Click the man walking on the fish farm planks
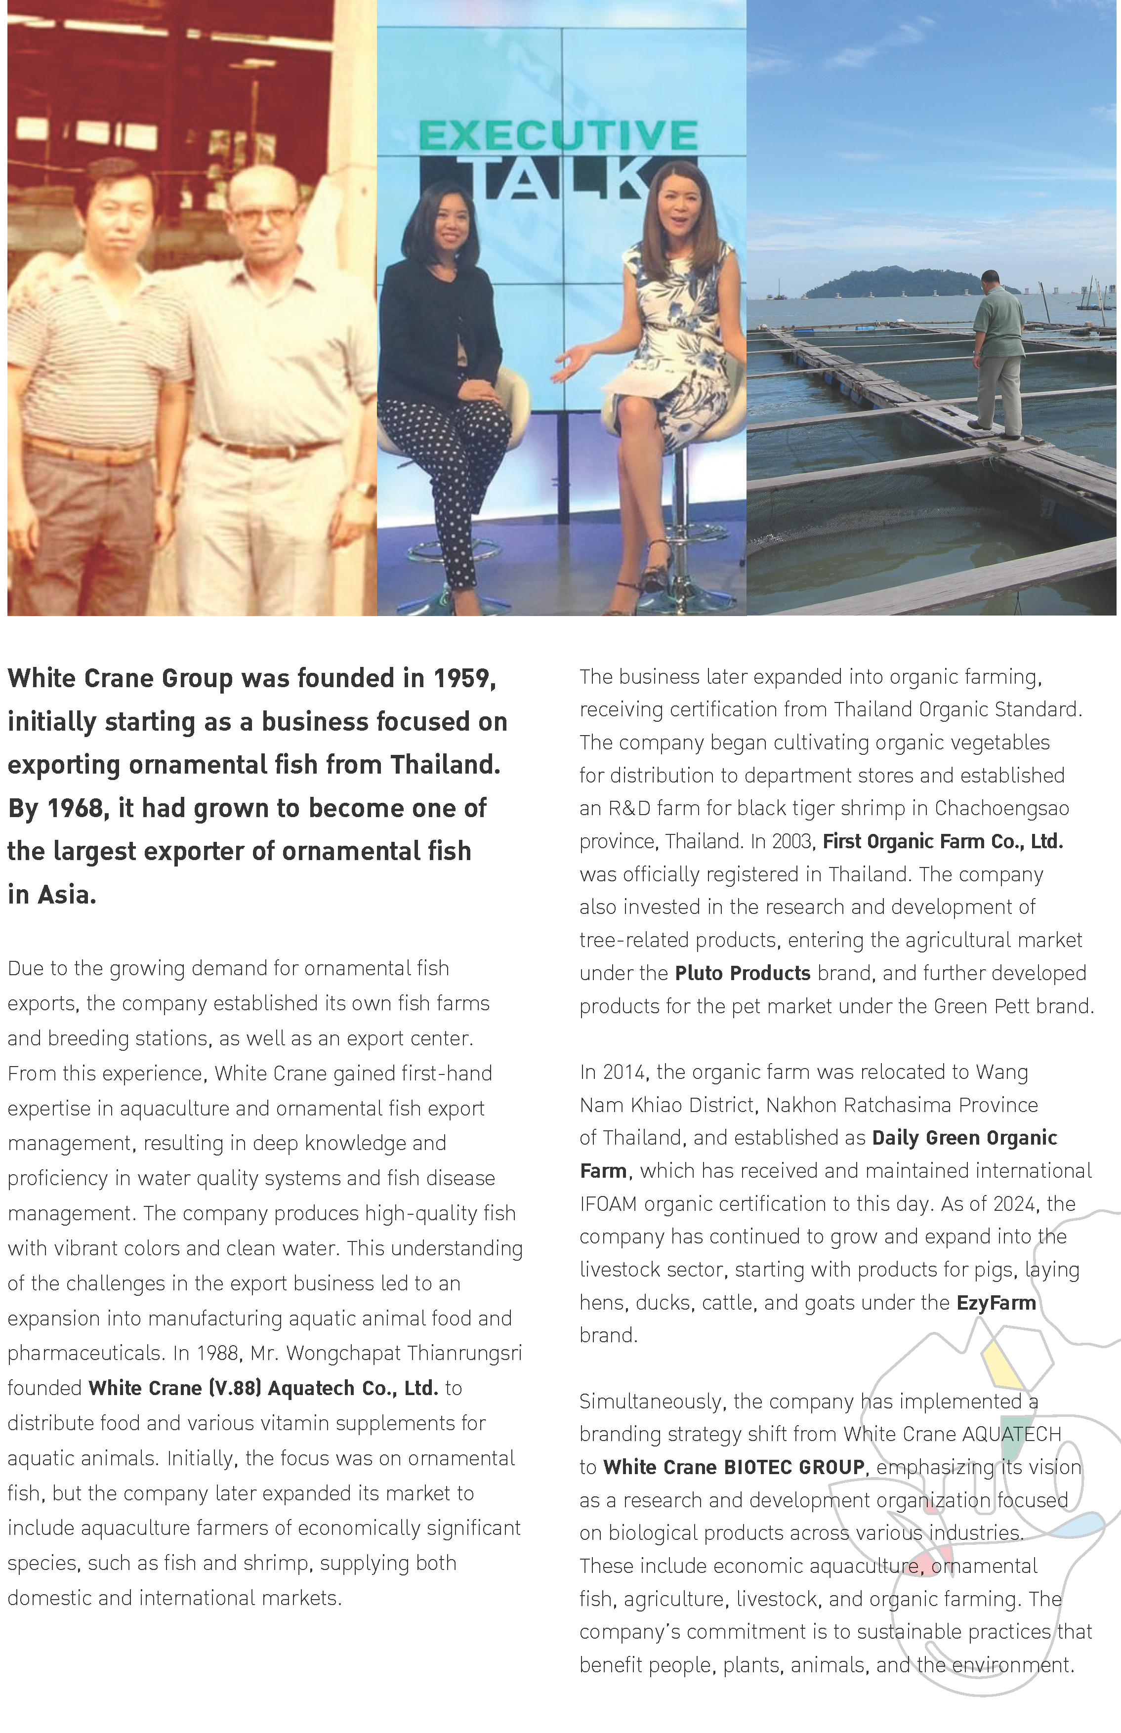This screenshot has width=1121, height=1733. [x=998, y=353]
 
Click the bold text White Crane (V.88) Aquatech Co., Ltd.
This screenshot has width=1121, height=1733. [x=263, y=1388]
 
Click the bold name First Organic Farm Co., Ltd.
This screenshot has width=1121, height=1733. [x=942, y=841]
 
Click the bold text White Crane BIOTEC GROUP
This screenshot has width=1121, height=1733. [x=733, y=1467]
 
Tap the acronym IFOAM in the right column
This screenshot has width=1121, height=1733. [x=608, y=1204]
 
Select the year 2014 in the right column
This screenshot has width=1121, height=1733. [x=624, y=1072]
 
